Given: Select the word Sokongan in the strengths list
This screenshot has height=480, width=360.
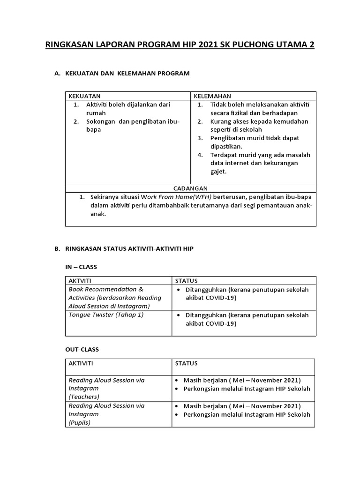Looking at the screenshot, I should click(x=101, y=121).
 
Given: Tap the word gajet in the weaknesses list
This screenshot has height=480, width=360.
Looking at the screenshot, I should click(x=218, y=172).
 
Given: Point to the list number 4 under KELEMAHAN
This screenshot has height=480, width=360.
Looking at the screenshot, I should click(x=200, y=155).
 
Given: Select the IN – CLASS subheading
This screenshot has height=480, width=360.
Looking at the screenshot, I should click(x=81, y=267).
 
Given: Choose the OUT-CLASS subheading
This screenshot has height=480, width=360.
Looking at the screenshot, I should click(x=82, y=350).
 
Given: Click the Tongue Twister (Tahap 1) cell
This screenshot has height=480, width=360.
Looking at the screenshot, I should click(x=106, y=315).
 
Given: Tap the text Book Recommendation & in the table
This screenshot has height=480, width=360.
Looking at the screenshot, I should click(x=106, y=289).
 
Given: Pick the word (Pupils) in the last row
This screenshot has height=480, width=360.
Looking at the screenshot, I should click(x=80, y=422).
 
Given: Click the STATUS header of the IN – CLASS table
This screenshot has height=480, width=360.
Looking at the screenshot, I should click(x=186, y=280).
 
